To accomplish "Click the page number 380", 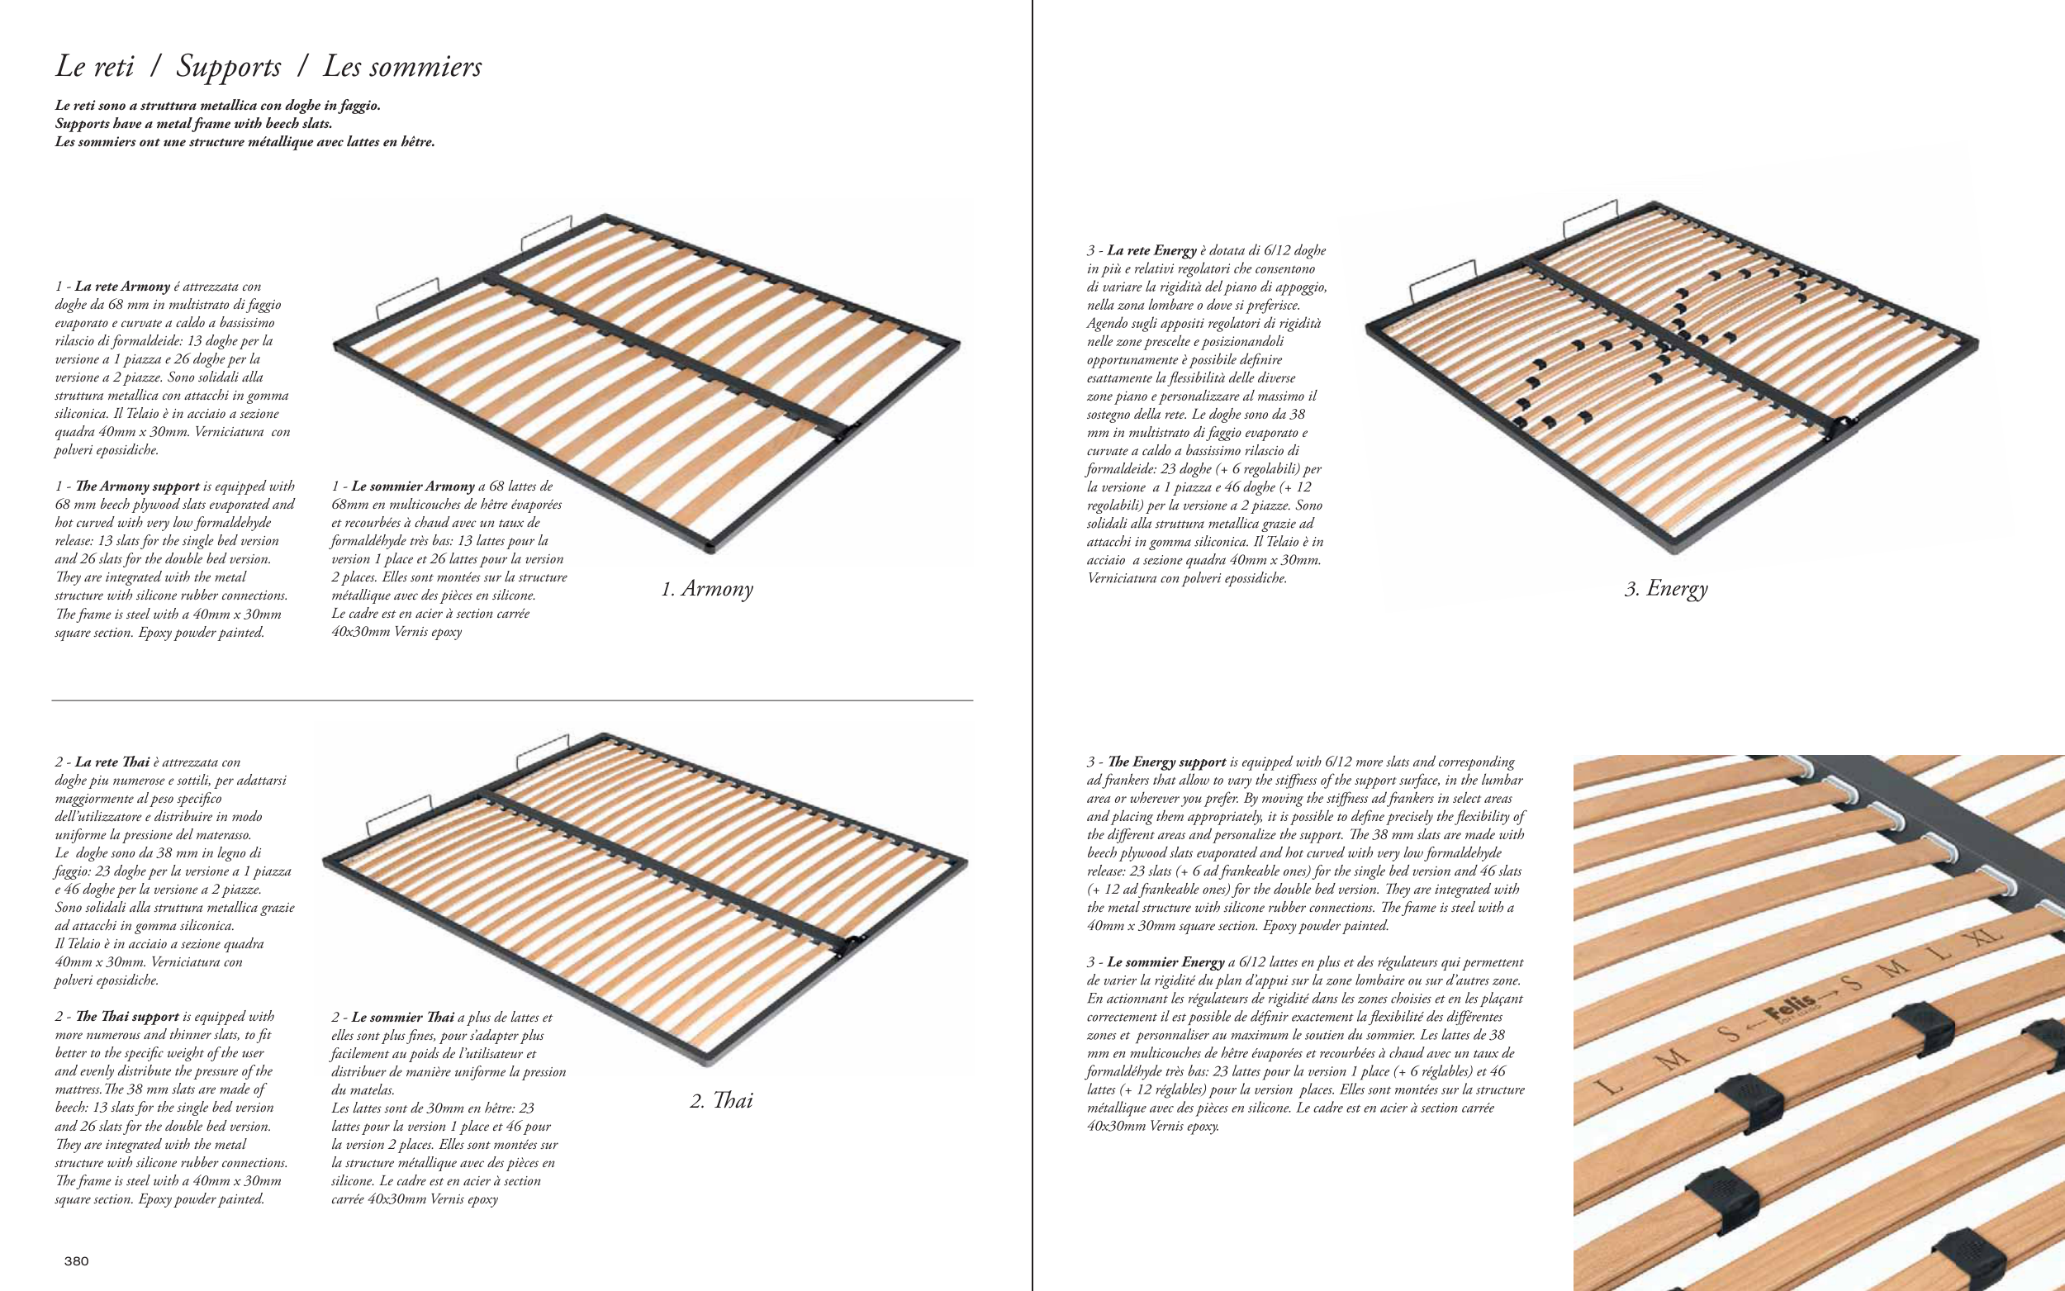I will tap(76, 1261).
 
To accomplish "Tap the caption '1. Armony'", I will tap(707, 589).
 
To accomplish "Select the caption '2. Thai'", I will tap(721, 1100).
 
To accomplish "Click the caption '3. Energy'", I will tap(1665, 588).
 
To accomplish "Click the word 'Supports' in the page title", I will tap(228, 67).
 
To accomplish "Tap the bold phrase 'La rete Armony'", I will tap(122, 286).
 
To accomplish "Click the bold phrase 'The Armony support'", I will tap(137, 486).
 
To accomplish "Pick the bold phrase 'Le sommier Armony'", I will tap(412, 486).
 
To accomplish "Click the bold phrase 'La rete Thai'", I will tap(112, 762).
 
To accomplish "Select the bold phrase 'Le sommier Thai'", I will tap(402, 1018).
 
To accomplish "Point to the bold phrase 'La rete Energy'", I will tap(1151, 250).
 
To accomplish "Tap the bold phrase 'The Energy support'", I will tap(1166, 762).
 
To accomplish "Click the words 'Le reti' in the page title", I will tap(94, 67).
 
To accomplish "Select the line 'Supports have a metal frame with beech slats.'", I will tap(194, 124).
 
